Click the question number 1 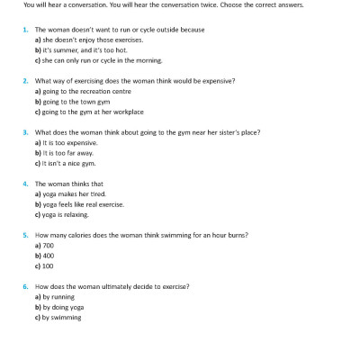[25, 29]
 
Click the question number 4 [25, 184]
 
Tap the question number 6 [25, 287]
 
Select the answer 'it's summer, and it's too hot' [74, 49]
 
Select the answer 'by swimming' [61, 318]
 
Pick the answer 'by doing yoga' [63, 308]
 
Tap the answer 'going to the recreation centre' [83, 91]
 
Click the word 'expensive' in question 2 [219, 80]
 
